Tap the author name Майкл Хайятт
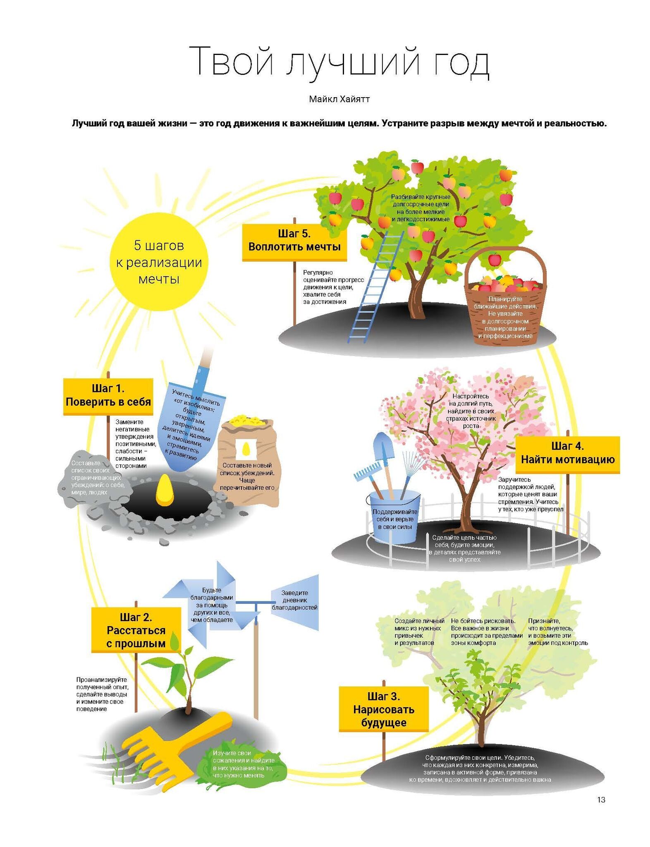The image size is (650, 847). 339,99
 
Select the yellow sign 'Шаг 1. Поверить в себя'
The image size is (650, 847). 108,396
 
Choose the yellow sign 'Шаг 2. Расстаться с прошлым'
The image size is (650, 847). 136,630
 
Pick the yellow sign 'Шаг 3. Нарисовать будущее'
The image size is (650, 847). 383,709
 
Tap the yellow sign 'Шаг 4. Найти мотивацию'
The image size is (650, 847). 567,453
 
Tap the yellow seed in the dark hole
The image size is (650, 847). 164,490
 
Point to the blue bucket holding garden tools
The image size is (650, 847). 395,517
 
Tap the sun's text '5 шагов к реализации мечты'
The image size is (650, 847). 158,262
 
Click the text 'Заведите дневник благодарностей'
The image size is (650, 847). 294,600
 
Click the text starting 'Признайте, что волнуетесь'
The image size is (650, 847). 557,632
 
